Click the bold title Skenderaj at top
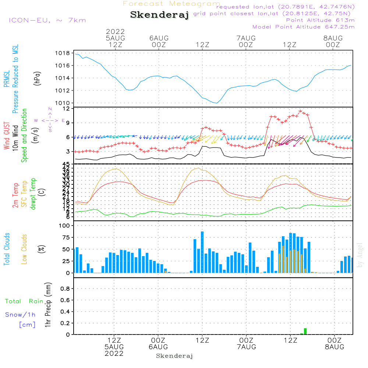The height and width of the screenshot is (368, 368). click(x=159, y=15)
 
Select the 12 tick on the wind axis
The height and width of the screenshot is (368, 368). click(x=66, y=109)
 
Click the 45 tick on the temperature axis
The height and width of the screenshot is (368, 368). click(x=66, y=164)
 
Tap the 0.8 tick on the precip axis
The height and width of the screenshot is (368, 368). click(x=65, y=289)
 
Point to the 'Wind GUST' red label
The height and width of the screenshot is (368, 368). click(x=7, y=137)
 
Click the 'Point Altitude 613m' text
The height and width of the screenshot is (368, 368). click(x=320, y=20)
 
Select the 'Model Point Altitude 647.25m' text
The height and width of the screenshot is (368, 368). click(x=303, y=27)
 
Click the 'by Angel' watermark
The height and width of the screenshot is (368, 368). click(x=360, y=255)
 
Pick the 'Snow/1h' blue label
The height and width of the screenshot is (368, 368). click(x=20, y=315)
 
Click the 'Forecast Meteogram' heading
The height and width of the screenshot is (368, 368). click(x=171, y=4)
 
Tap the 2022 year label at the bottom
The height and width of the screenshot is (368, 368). click(x=114, y=353)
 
